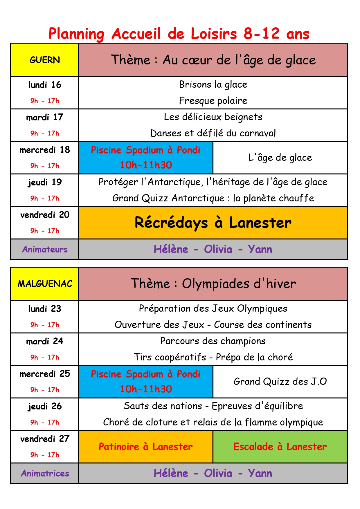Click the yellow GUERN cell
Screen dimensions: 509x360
click(x=45, y=60)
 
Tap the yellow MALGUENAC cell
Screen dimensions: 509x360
click(x=45, y=284)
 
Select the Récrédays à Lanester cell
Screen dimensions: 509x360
click(x=213, y=223)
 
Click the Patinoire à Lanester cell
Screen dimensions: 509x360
click(x=146, y=447)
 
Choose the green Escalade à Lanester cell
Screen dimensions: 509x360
click(x=280, y=447)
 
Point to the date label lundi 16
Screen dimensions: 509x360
click(x=45, y=85)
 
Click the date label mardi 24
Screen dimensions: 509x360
click(x=45, y=341)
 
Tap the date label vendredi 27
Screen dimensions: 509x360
click(x=45, y=439)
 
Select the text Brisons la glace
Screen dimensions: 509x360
click(x=213, y=84)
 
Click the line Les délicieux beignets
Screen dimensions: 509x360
click(x=213, y=117)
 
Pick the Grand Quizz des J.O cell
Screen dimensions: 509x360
click(x=280, y=381)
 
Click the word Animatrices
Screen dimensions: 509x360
click(x=45, y=473)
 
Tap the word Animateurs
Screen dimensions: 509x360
click(x=45, y=249)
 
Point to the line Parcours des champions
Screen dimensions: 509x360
click(x=213, y=341)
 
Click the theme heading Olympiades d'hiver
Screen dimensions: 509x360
click(x=213, y=284)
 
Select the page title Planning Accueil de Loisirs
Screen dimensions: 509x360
click(x=179, y=34)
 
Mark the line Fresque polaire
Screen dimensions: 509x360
click(x=213, y=101)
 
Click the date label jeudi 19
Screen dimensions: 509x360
click(x=45, y=182)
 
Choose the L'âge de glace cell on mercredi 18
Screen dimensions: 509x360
click(x=280, y=158)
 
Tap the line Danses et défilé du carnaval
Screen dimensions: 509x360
click(x=213, y=133)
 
